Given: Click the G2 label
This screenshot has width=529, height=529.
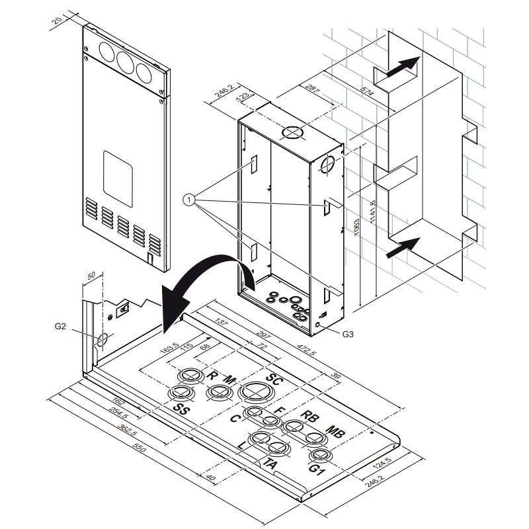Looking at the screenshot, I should click(60, 325).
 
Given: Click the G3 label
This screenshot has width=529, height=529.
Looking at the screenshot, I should click(349, 334).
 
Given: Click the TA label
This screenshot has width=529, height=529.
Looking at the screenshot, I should click(270, 464).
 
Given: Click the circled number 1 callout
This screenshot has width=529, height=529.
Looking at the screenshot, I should click(190, 198).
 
